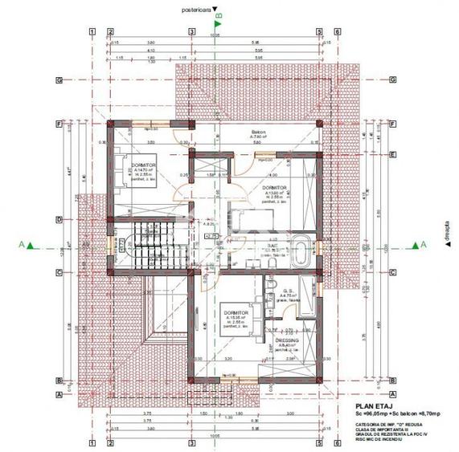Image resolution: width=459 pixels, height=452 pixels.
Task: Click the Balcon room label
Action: point(259,130)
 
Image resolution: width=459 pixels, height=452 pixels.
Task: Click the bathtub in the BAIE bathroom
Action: point(298,250)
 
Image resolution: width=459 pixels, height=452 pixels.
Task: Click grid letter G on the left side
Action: point(59,80)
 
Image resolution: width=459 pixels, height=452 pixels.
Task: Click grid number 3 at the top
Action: point(191,33)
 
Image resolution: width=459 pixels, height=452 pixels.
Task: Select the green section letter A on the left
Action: point(27,246)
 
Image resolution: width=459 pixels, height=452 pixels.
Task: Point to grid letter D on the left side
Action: point(59,218)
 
